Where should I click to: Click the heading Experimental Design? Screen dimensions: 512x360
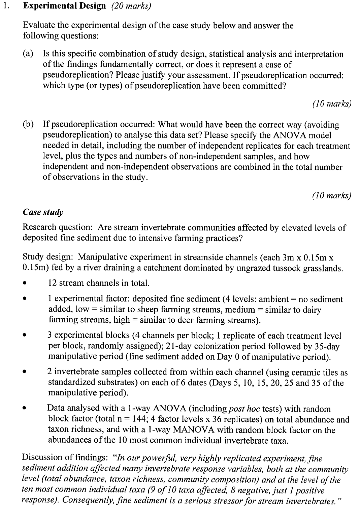64,6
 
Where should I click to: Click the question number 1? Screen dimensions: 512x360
4,6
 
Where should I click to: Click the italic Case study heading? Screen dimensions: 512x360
43,212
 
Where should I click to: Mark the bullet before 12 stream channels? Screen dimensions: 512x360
24,283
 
